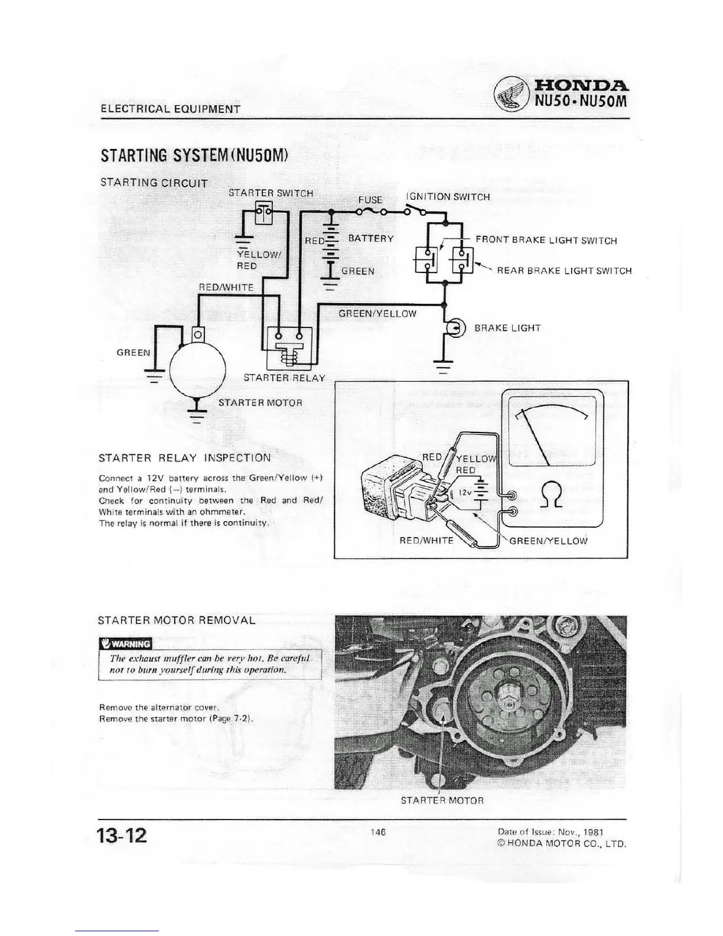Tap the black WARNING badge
(126, 643)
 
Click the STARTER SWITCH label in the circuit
(271, 193)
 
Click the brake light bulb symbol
(456, 328)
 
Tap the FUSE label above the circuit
(370, 200)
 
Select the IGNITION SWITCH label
(448, 197)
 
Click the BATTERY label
(371, 238)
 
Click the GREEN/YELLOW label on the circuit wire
(377, 313)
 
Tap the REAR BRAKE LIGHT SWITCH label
(564, 271)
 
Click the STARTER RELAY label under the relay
(284, 378)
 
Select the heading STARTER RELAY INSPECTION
(185, 457)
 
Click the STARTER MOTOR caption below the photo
(442, 800)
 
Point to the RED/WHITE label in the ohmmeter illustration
(426, 540)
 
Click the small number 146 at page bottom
(378, 831)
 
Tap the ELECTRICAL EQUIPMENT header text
(171, 109)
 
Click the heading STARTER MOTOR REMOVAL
(177, 620)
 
